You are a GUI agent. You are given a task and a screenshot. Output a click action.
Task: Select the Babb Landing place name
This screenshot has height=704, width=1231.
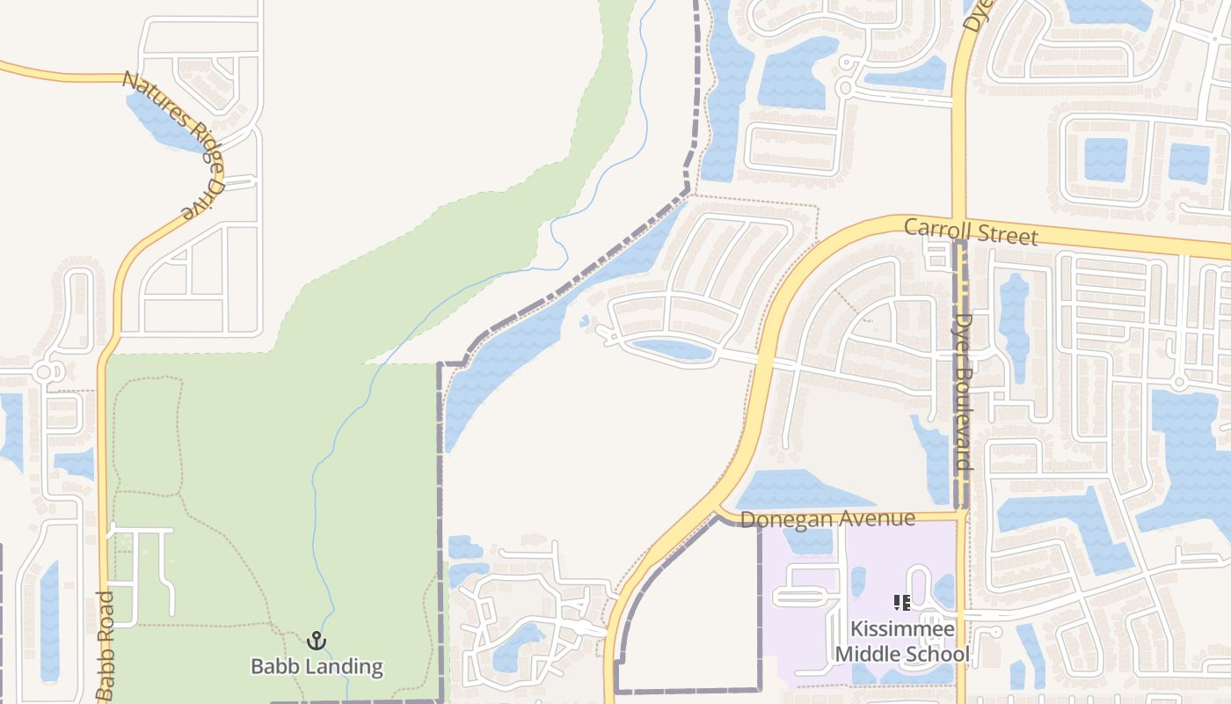[x=317, y=666]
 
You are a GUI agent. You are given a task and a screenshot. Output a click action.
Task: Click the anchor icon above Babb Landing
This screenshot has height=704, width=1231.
[x=316, y=641]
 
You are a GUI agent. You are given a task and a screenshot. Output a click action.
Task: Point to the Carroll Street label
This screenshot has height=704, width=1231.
[x=971, y=232]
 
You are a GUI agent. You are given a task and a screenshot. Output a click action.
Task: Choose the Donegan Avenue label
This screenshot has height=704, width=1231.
[x=827, y=519]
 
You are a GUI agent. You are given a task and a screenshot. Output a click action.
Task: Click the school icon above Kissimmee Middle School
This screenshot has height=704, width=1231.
[x=902, y=603]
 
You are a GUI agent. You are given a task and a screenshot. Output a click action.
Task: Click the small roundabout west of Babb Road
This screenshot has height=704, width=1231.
[x=44, y=373]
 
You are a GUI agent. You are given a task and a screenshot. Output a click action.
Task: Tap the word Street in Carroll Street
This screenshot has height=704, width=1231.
[x=1009, y=235]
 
